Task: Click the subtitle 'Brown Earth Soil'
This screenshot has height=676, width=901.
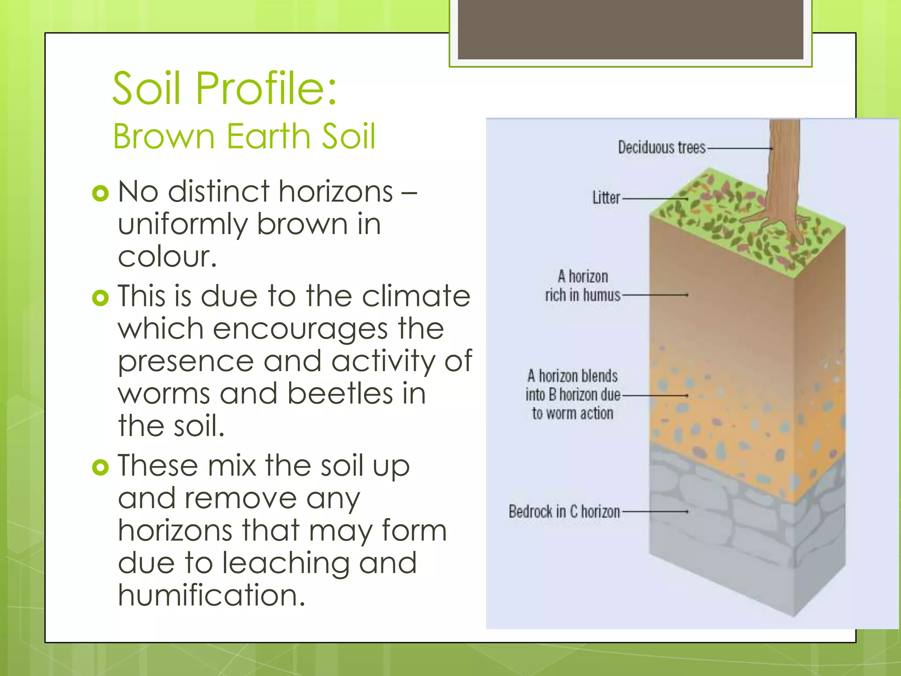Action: coord(244,136)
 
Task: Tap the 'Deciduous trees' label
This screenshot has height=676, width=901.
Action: coord(661,147)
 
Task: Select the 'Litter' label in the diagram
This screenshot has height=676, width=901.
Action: coord(606,198)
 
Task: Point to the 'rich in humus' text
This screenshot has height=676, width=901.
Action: coord(582,295)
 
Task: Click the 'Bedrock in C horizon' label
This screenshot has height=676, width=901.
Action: coord(564,511)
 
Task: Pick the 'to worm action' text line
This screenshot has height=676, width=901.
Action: coord(572,413)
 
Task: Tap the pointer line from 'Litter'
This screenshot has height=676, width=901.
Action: coord(655,199)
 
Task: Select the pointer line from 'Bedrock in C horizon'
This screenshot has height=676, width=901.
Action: coord(655,512)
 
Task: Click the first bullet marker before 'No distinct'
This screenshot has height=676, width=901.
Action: coord(100,193)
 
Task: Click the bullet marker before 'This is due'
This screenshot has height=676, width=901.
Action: coord(100,298)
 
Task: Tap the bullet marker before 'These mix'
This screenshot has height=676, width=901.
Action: coord(100,467)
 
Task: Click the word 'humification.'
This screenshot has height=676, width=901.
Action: coord(211,595)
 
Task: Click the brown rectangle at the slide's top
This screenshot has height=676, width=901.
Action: coord(630,29)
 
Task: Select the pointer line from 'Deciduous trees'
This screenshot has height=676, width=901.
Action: coord(739,149)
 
